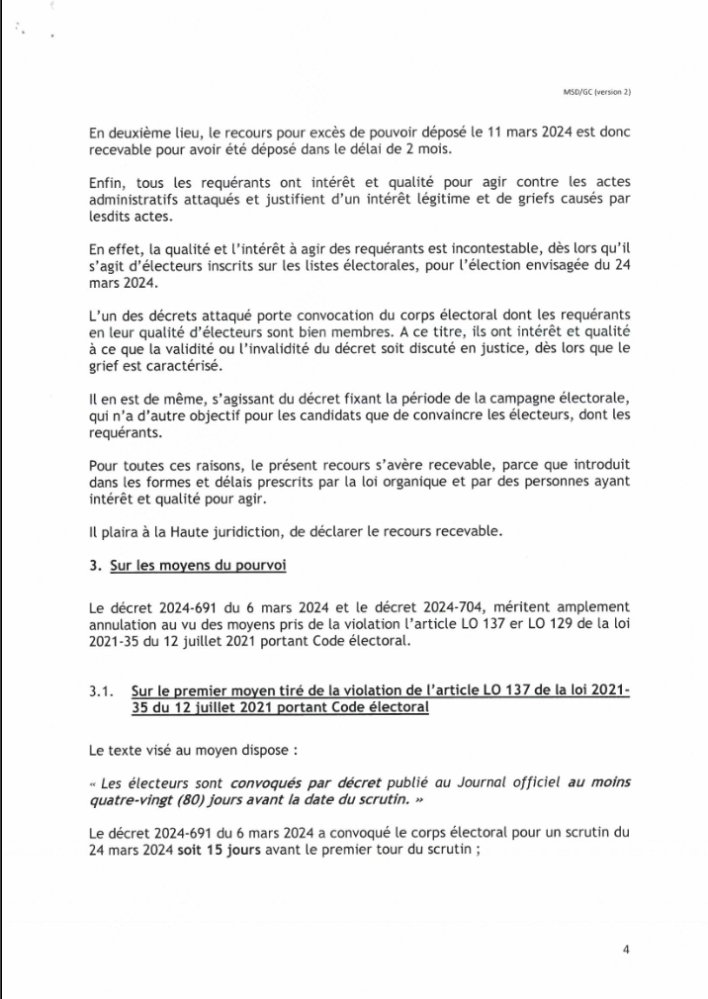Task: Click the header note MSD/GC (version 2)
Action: click(x=590, y=92)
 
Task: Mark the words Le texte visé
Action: click(x=126, y=749)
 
